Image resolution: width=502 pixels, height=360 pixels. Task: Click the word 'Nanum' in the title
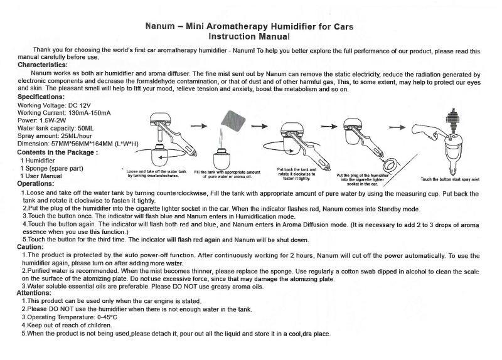tap(159, 27)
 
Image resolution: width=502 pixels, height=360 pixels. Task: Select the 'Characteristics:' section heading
tap(42, 65)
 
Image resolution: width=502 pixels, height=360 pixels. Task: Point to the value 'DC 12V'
tap(73, 105)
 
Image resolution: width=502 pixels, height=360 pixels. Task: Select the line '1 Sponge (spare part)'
tap(51, 169)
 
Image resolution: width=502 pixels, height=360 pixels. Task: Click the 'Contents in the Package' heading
tap(56, 152)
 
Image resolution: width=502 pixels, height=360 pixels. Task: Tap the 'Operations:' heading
tap(35, 184)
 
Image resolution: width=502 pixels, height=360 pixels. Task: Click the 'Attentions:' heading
tap(34, 293)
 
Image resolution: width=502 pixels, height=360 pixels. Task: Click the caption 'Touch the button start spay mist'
tap(449, 179)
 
